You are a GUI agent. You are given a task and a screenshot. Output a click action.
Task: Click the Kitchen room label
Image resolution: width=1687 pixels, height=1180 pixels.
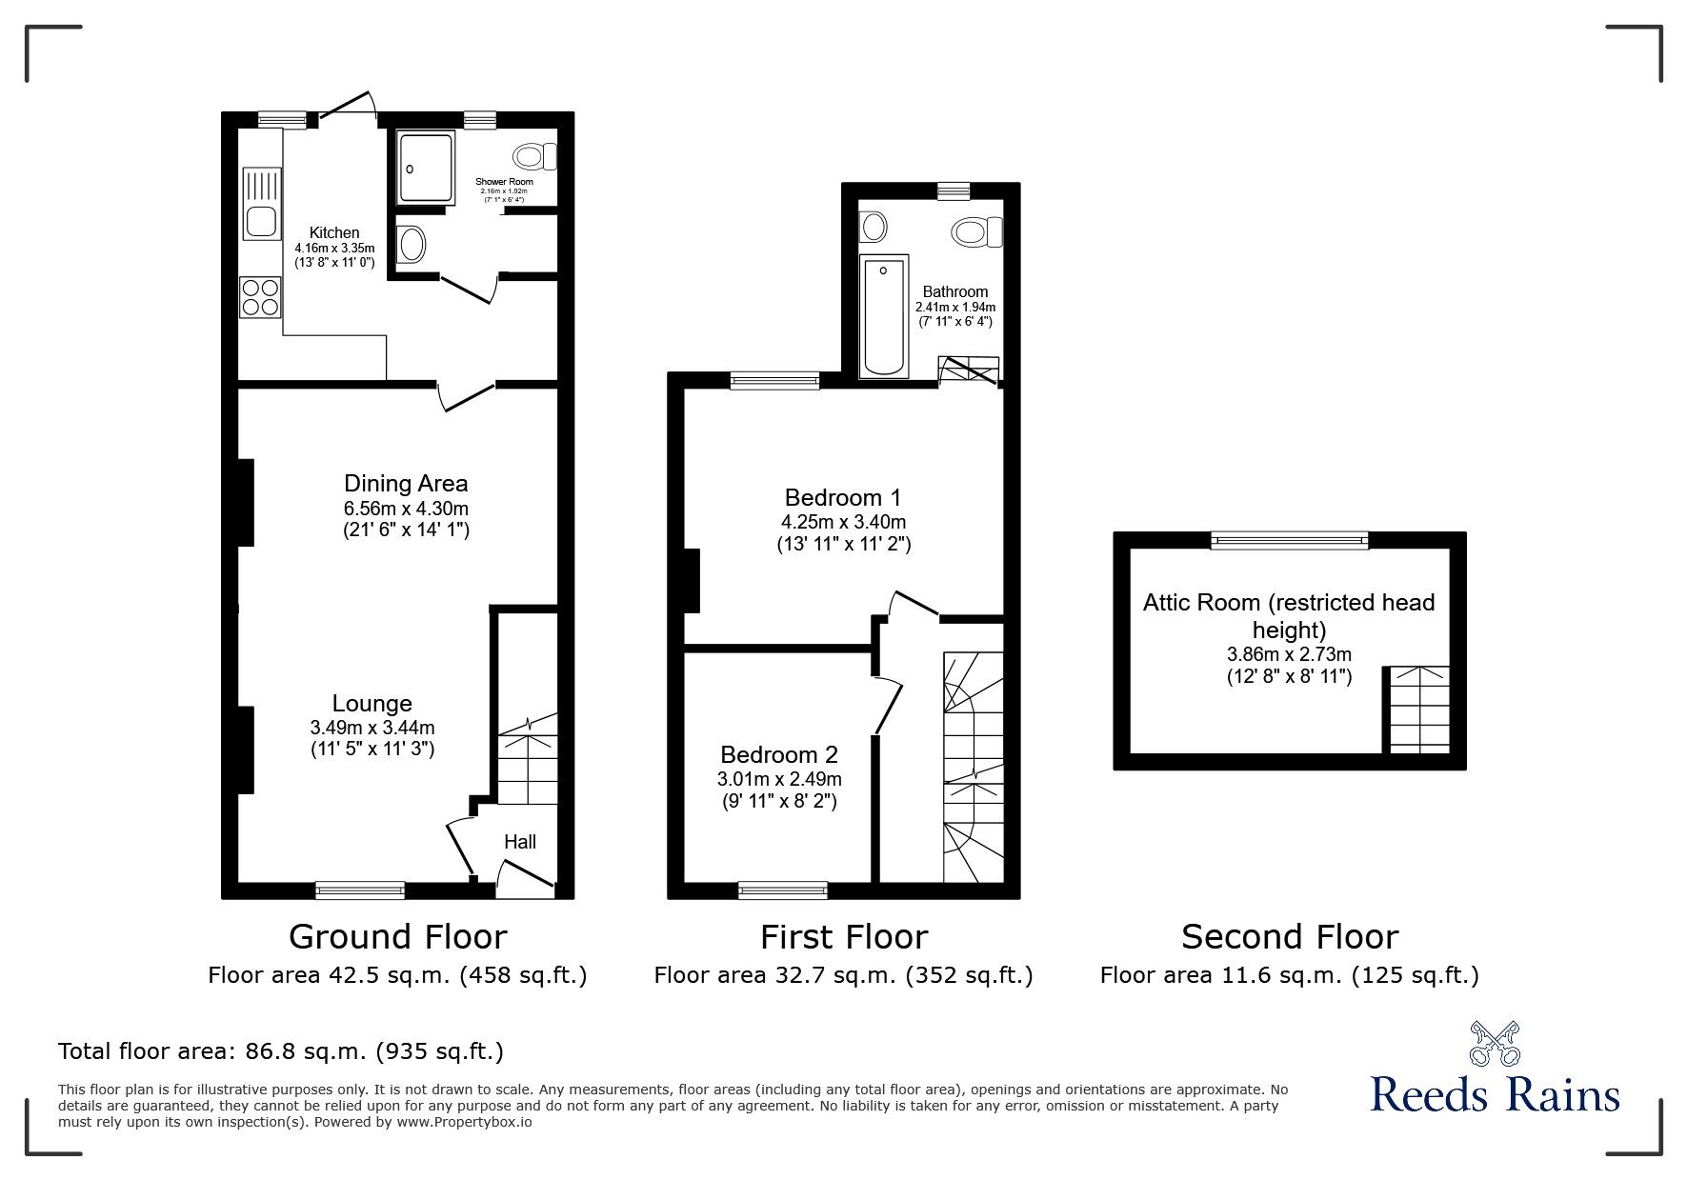pyautogui.click(x=334, y=232)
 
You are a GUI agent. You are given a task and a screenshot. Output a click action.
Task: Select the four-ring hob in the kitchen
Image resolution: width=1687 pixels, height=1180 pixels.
pyautogui.click(x=260, y=296)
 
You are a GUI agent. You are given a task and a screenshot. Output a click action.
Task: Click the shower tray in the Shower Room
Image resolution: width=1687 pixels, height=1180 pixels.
pyautogui.click(x=426, y=168)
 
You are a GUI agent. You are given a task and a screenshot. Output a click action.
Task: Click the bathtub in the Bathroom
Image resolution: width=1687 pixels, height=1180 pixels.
pyautogui.click(x=884, y=314)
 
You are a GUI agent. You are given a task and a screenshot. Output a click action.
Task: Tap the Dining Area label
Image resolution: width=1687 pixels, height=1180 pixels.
pyautogui.click(x=406, y=484)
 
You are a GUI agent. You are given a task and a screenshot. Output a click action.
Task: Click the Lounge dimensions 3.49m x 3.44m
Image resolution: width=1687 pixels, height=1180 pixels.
pyautogui.click(x=372, y=728)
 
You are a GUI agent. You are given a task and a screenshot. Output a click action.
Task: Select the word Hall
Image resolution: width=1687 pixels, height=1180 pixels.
pyautogui.click(x=520, y=842)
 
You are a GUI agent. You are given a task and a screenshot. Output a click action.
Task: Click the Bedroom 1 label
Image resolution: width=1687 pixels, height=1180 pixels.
pyautogui.click(x=843, y=497)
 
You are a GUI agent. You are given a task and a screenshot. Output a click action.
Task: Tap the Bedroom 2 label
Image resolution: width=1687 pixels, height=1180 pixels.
pyautogui.click(x=779, y=755)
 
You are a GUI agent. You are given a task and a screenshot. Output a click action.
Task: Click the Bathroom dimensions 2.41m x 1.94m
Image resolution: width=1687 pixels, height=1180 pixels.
pyautogui.click(x=954, y=308)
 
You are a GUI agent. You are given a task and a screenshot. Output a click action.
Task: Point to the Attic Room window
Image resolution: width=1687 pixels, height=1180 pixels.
pyautogui.click(x=1290, y=541)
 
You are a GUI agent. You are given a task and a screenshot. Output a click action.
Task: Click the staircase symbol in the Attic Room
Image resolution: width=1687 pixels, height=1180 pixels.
pyautogui.click(x=1418, y=710)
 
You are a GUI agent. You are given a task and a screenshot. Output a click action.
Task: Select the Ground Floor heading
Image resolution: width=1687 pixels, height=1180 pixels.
pyautogui.click(x=397, y=937)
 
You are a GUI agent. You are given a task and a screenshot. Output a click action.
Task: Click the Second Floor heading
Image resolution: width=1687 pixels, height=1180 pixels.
pyautogui.click(x=1290, y=937)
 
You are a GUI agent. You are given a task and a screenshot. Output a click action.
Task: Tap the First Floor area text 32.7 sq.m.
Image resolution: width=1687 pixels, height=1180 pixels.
pyautogui.click(x=843, y=975)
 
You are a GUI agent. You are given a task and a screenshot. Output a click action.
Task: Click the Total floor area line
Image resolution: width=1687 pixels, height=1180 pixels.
pyautogui.click(x=281, y=1051)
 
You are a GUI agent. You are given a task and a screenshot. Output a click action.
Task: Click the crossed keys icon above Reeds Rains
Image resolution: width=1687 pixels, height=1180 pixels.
pyautogui.click(x=1495, y=1044)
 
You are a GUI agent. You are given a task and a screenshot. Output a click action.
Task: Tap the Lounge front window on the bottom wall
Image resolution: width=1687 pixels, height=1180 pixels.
pyautogui.click(x=360, y=890)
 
